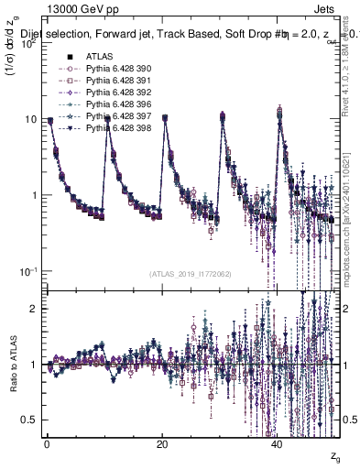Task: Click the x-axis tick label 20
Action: pos(162,443)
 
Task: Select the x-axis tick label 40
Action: pos(278,443)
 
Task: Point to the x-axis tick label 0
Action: pos(47,443)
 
